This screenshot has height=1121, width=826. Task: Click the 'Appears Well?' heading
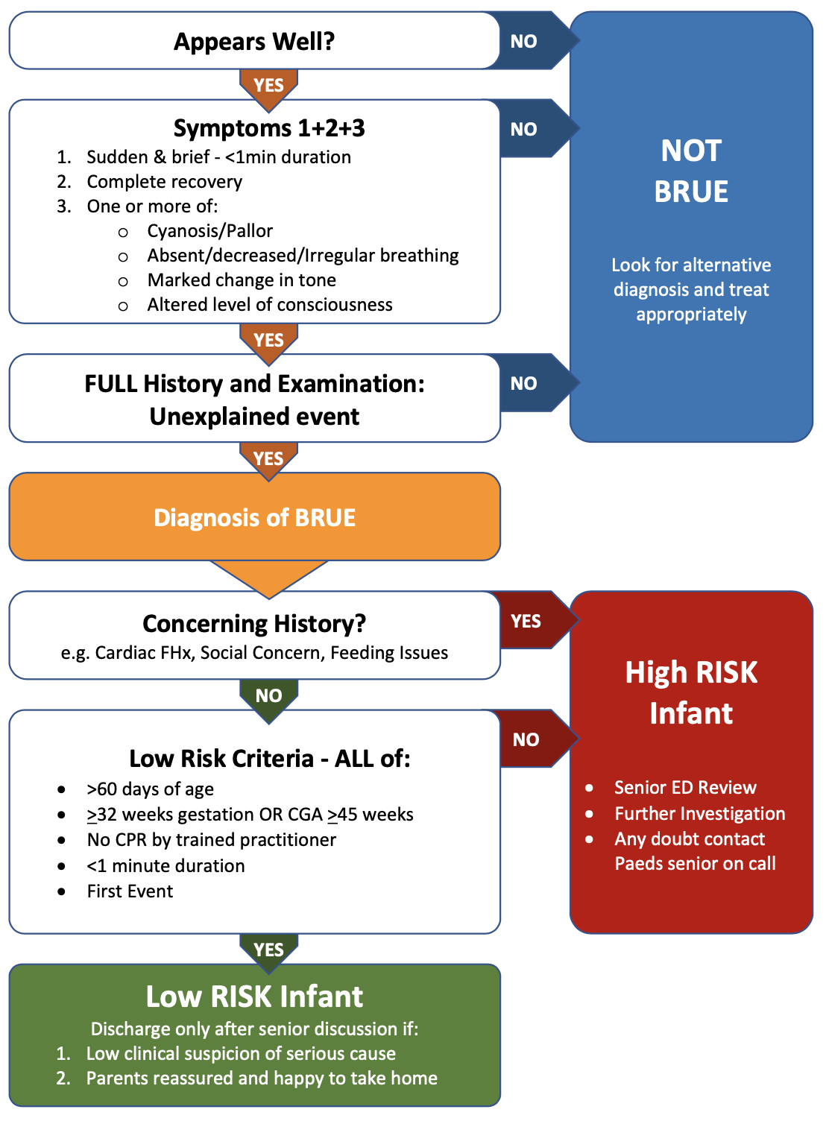click(254, 42)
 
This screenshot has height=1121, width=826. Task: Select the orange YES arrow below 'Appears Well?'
click(268, 85)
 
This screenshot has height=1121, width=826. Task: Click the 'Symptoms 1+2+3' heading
click(269, 128)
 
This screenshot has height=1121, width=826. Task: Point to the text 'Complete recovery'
click(165, 182)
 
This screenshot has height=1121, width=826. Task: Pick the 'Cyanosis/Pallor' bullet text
click(210, 231)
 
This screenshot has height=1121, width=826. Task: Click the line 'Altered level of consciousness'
click(270, 305)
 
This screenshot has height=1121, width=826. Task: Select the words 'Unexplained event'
click(254, 417)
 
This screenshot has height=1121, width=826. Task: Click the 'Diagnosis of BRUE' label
click(254, 517)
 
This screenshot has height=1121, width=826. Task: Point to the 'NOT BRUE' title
click(691, 171)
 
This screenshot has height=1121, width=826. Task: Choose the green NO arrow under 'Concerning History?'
click(268, 695)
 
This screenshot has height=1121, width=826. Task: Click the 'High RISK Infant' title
click(691, 693)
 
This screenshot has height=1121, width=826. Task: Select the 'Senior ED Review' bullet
click(685, 788)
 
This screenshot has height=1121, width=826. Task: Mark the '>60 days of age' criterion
click(151, 789)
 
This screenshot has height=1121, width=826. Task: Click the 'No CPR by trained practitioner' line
click(212, 840)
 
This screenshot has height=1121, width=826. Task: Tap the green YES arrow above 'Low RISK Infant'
click(268, 950)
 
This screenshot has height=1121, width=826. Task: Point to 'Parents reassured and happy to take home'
click(262, 1079)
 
